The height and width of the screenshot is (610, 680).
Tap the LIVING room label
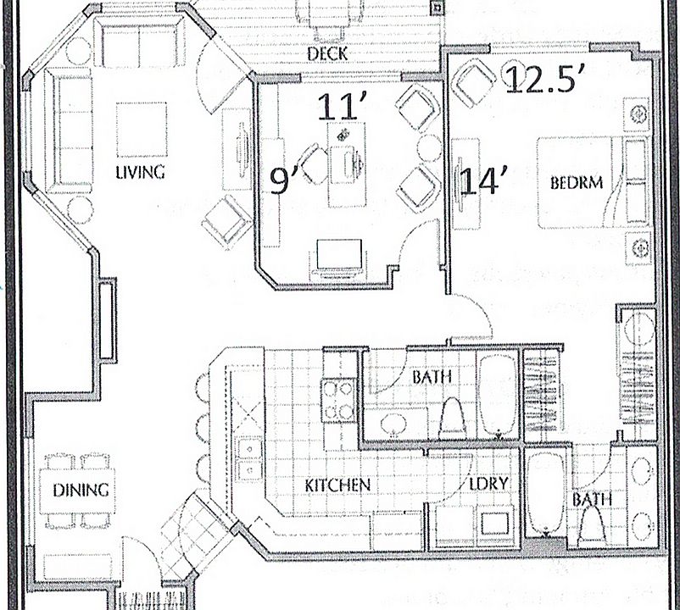point(140,173)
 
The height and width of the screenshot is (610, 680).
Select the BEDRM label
point(577,182)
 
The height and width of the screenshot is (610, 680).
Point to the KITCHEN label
point(337,485)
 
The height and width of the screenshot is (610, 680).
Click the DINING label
point(81,490)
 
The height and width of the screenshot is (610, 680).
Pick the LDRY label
point(488,484)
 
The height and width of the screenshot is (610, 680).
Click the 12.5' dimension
point(540,80)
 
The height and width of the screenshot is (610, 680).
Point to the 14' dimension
point(483,180)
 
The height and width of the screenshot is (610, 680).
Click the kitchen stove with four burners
point(338,400)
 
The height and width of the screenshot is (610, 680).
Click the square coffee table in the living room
point(142,130)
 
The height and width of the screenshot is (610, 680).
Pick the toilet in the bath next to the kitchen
point(452,418)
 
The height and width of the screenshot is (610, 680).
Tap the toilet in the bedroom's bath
point(593,525)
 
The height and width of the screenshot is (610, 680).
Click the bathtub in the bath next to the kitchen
point(499,395)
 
